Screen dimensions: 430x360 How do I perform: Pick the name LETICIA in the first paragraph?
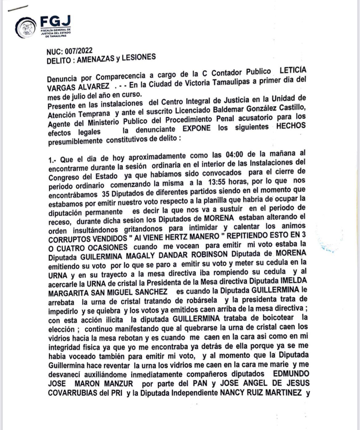coord(293,70)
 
